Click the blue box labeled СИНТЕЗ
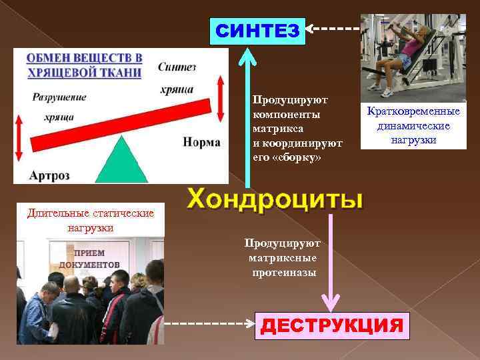tap(257, 31)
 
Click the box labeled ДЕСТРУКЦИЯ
tap(331, 325)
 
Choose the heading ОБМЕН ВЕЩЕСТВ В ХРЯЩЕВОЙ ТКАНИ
tap(85, 65)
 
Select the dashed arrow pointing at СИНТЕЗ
tap(333, 29)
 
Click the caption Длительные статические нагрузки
tap(90, 220)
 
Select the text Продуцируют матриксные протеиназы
tap(282, 258)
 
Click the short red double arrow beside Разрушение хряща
tap(19, 134)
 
